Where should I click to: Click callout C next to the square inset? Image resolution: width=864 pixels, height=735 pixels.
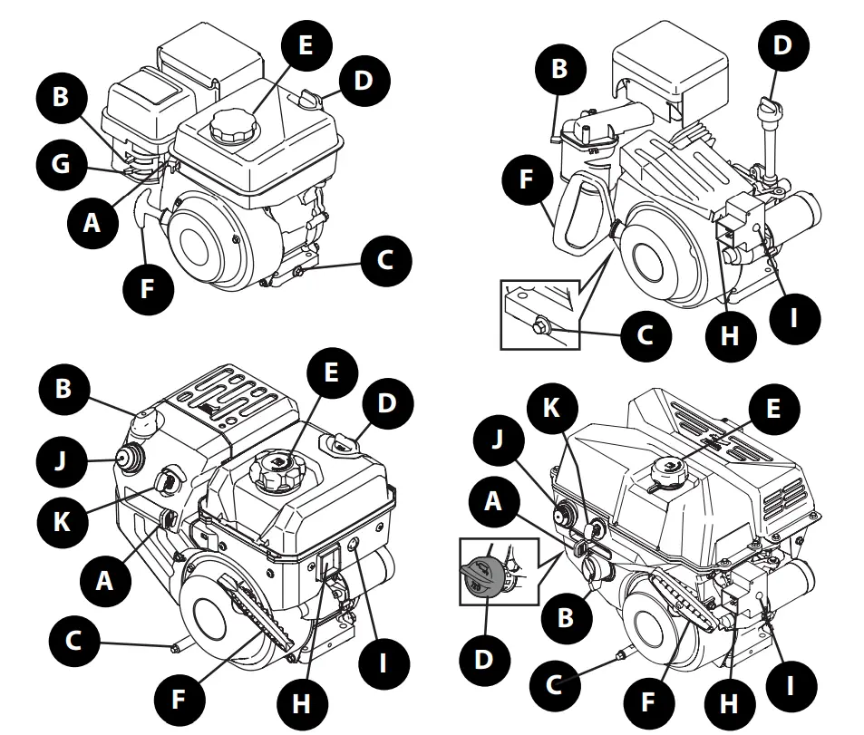click(645, 334)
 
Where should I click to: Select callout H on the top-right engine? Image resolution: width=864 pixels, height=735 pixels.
click(731, 336)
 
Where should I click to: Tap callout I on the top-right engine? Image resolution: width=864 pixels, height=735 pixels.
click(794, 318)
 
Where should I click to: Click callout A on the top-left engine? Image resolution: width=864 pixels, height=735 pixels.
click(93, 220)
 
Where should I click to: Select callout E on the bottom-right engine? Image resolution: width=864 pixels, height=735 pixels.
click(772, 410)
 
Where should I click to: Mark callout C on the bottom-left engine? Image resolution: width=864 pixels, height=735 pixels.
click(73, 641)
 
